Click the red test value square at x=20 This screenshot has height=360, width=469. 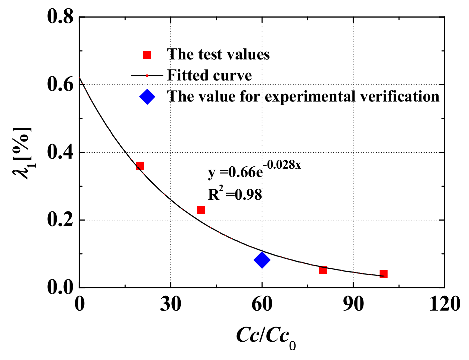[x=140, y=166]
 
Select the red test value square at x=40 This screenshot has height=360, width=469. [x=201, y=210]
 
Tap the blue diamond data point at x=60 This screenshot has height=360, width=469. [x=262, y=260]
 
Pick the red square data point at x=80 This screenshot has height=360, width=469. [x=323, y=270]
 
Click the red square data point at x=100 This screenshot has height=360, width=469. [x=383, y=274]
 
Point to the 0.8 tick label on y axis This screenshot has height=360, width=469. [x=60, y=17]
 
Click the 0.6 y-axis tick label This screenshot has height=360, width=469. [x=60, y=85]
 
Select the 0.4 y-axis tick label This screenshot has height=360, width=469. [x=60, y=153]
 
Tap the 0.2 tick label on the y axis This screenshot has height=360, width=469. [x=60, y=220]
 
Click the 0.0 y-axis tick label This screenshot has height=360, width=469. [x=60, y=288]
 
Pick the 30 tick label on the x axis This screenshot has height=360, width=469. [x=170, y=304]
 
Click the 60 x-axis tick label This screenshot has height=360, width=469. [x=262, y=304]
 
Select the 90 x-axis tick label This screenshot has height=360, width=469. [x=353, y=304]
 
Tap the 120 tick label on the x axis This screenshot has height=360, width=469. [x=444, y=304]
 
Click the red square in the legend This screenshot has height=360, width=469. [x=147, y=55]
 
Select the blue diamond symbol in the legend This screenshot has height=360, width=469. [x=147, y=97]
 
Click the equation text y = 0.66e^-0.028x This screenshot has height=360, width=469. [x=254, y=170]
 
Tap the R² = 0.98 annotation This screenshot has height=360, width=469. [x=235, y=194]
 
